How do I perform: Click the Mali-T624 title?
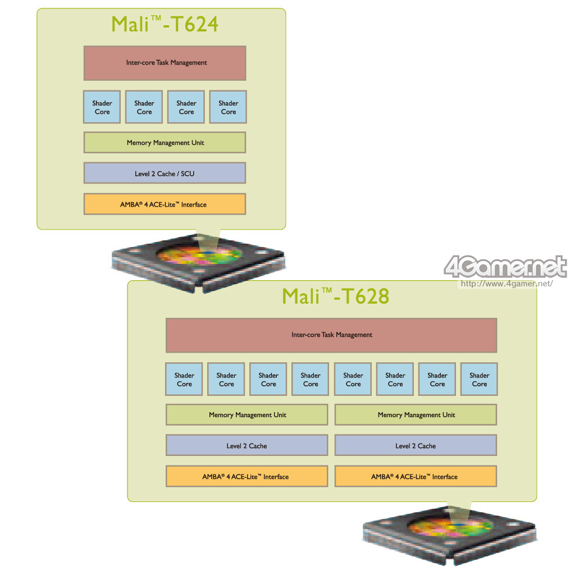coord(165,24)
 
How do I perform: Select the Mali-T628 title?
coord(335,296)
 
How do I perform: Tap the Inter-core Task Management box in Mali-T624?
coord(165,63)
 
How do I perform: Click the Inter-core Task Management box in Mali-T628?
coord(331,335)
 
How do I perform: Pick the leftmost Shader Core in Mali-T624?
coord(102,107)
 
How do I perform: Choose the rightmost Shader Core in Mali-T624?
coord(228,107)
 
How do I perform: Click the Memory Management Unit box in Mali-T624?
coord(165,143)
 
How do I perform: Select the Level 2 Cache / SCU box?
coord(165,174)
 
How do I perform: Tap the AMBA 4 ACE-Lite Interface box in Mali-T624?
coord(165,204)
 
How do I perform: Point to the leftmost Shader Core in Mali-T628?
coord(184,380)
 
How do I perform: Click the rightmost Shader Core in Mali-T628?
coord(479,380)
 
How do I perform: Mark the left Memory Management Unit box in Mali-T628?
coord(247,415)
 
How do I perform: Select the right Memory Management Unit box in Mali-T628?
coord(416,415)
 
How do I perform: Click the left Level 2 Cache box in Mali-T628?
coord(247,446)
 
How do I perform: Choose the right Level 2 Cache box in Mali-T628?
coord(416,446)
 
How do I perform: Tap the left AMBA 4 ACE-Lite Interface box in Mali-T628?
coord(247,477)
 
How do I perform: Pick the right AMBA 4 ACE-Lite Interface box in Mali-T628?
coord(416,477)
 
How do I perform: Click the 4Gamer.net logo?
coord(505,267)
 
